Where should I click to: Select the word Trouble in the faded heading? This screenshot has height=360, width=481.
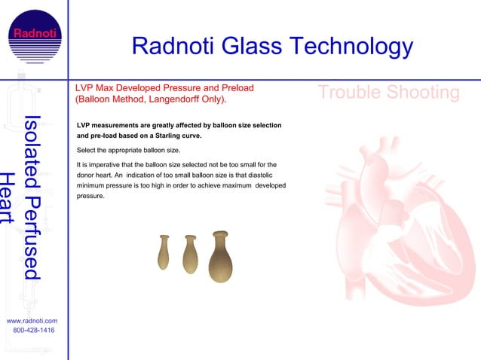coord(351,93)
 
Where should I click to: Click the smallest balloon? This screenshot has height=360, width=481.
coord(164,252)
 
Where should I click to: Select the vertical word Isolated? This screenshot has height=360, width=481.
coord(31,142)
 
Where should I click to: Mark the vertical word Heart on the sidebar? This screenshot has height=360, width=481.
coord(8,198)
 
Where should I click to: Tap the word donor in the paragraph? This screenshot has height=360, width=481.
coord(87,175)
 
